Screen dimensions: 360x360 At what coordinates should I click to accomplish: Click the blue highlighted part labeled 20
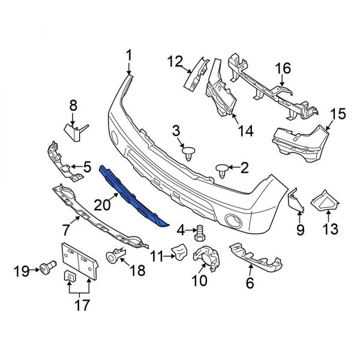point(133,195)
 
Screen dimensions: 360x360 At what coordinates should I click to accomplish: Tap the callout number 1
point(128,57)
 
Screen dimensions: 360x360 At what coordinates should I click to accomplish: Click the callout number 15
point(338,113)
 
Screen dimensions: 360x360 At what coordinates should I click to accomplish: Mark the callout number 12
point(175,61)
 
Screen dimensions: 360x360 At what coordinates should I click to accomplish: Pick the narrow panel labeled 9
point(297,203)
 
